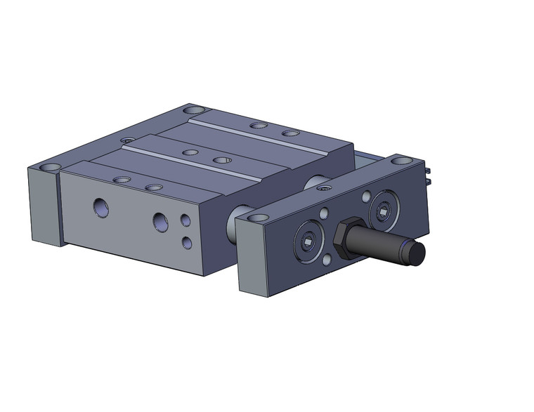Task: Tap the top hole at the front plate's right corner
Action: (401, 161)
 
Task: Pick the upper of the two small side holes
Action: (185, 220)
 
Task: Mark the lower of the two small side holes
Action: (187, 243)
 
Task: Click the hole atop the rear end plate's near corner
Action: (50, 168)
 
